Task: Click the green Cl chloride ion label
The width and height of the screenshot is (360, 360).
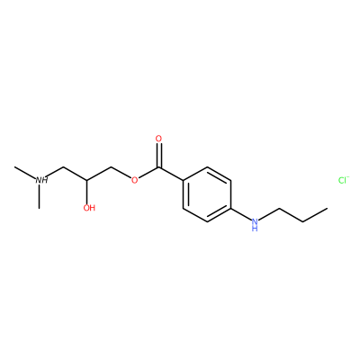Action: coord(341,180)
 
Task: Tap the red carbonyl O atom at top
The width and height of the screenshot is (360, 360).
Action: coord(158,139)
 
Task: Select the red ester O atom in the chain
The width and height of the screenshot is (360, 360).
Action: coord(135,180)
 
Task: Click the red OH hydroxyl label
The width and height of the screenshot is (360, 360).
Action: coord(89,208)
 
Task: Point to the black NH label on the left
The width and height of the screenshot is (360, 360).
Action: coord(41,180)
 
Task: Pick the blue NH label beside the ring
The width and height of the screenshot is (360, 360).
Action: coord(255,224)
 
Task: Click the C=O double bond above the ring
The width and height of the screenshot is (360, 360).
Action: coord(158,155)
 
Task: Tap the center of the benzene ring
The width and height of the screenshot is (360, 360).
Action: coord(207,194)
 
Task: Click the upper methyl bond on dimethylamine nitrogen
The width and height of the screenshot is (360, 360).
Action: coord(25,172)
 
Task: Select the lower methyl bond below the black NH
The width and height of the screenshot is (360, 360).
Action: coord(39,197)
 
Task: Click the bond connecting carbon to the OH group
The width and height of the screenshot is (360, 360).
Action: coord(87,192)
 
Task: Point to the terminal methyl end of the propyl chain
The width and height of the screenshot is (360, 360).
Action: coord(327,208)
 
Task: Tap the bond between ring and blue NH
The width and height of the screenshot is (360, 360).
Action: coord(240,213)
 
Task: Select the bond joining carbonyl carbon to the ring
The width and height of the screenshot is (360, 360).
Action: coord(171,174)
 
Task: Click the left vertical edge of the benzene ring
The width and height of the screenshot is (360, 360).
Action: coord(183,194)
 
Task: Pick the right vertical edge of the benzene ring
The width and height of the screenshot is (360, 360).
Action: coord(231,194)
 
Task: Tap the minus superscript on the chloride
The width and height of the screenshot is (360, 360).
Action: coord(347,177)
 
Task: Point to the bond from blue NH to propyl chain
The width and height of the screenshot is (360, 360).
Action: coord(269,213)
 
